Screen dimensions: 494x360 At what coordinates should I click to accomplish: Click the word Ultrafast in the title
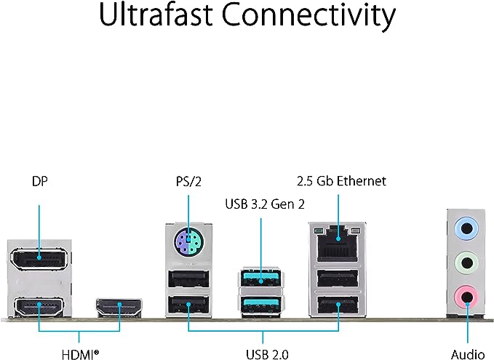tap(156, 15)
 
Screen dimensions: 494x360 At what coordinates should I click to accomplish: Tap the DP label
tap(40, 181)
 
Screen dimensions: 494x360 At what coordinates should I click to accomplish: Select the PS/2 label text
tap(188, 182)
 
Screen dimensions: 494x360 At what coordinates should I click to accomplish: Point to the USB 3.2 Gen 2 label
tap(265, 204)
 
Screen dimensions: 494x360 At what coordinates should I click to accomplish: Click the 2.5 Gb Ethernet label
tap(341, 181)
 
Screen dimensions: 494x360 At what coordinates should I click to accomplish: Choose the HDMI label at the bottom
tap(80, 354)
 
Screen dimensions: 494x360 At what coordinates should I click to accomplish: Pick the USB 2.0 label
tap(267, 354)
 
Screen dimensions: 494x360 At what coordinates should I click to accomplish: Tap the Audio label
tap(468, 354)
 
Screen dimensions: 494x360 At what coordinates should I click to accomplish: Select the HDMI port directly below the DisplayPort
tap(39, 306)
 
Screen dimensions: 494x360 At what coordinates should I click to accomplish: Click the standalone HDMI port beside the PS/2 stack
tap(119, 307)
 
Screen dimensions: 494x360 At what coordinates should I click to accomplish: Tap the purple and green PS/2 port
tap(188, 242)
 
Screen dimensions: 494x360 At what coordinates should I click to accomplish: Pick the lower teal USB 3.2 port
tap(261, 305)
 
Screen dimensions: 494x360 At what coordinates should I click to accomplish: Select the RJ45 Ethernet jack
tap(338, 243)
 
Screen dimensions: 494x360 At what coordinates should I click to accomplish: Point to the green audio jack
tap(466, 262)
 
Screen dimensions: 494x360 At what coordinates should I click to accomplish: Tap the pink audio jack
tap(466, 297)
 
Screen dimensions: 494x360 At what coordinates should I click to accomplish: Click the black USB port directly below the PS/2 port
tap(188, 279)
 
